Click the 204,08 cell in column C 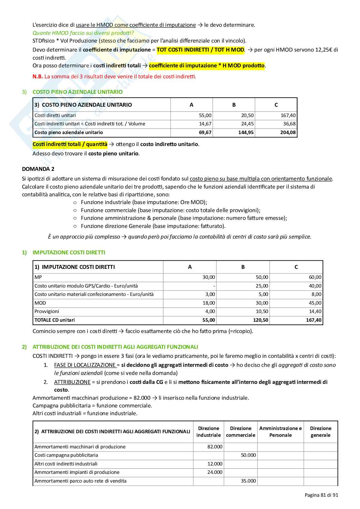pos(288,132)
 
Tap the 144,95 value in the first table pos(246,132)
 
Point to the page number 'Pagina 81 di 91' pos(321,495)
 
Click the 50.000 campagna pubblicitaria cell pos(248,455)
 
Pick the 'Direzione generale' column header pos(320,432)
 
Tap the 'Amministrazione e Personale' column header pos(280,432)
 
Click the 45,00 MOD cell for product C pos(315,303)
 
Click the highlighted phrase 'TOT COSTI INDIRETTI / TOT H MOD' pos(200,50)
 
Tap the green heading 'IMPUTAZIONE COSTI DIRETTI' pos(69,252)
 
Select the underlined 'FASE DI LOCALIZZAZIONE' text pos(85,365)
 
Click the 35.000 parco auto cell pos(248,481)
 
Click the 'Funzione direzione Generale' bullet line pos(153,226)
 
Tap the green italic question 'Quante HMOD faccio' pos(83,33)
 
